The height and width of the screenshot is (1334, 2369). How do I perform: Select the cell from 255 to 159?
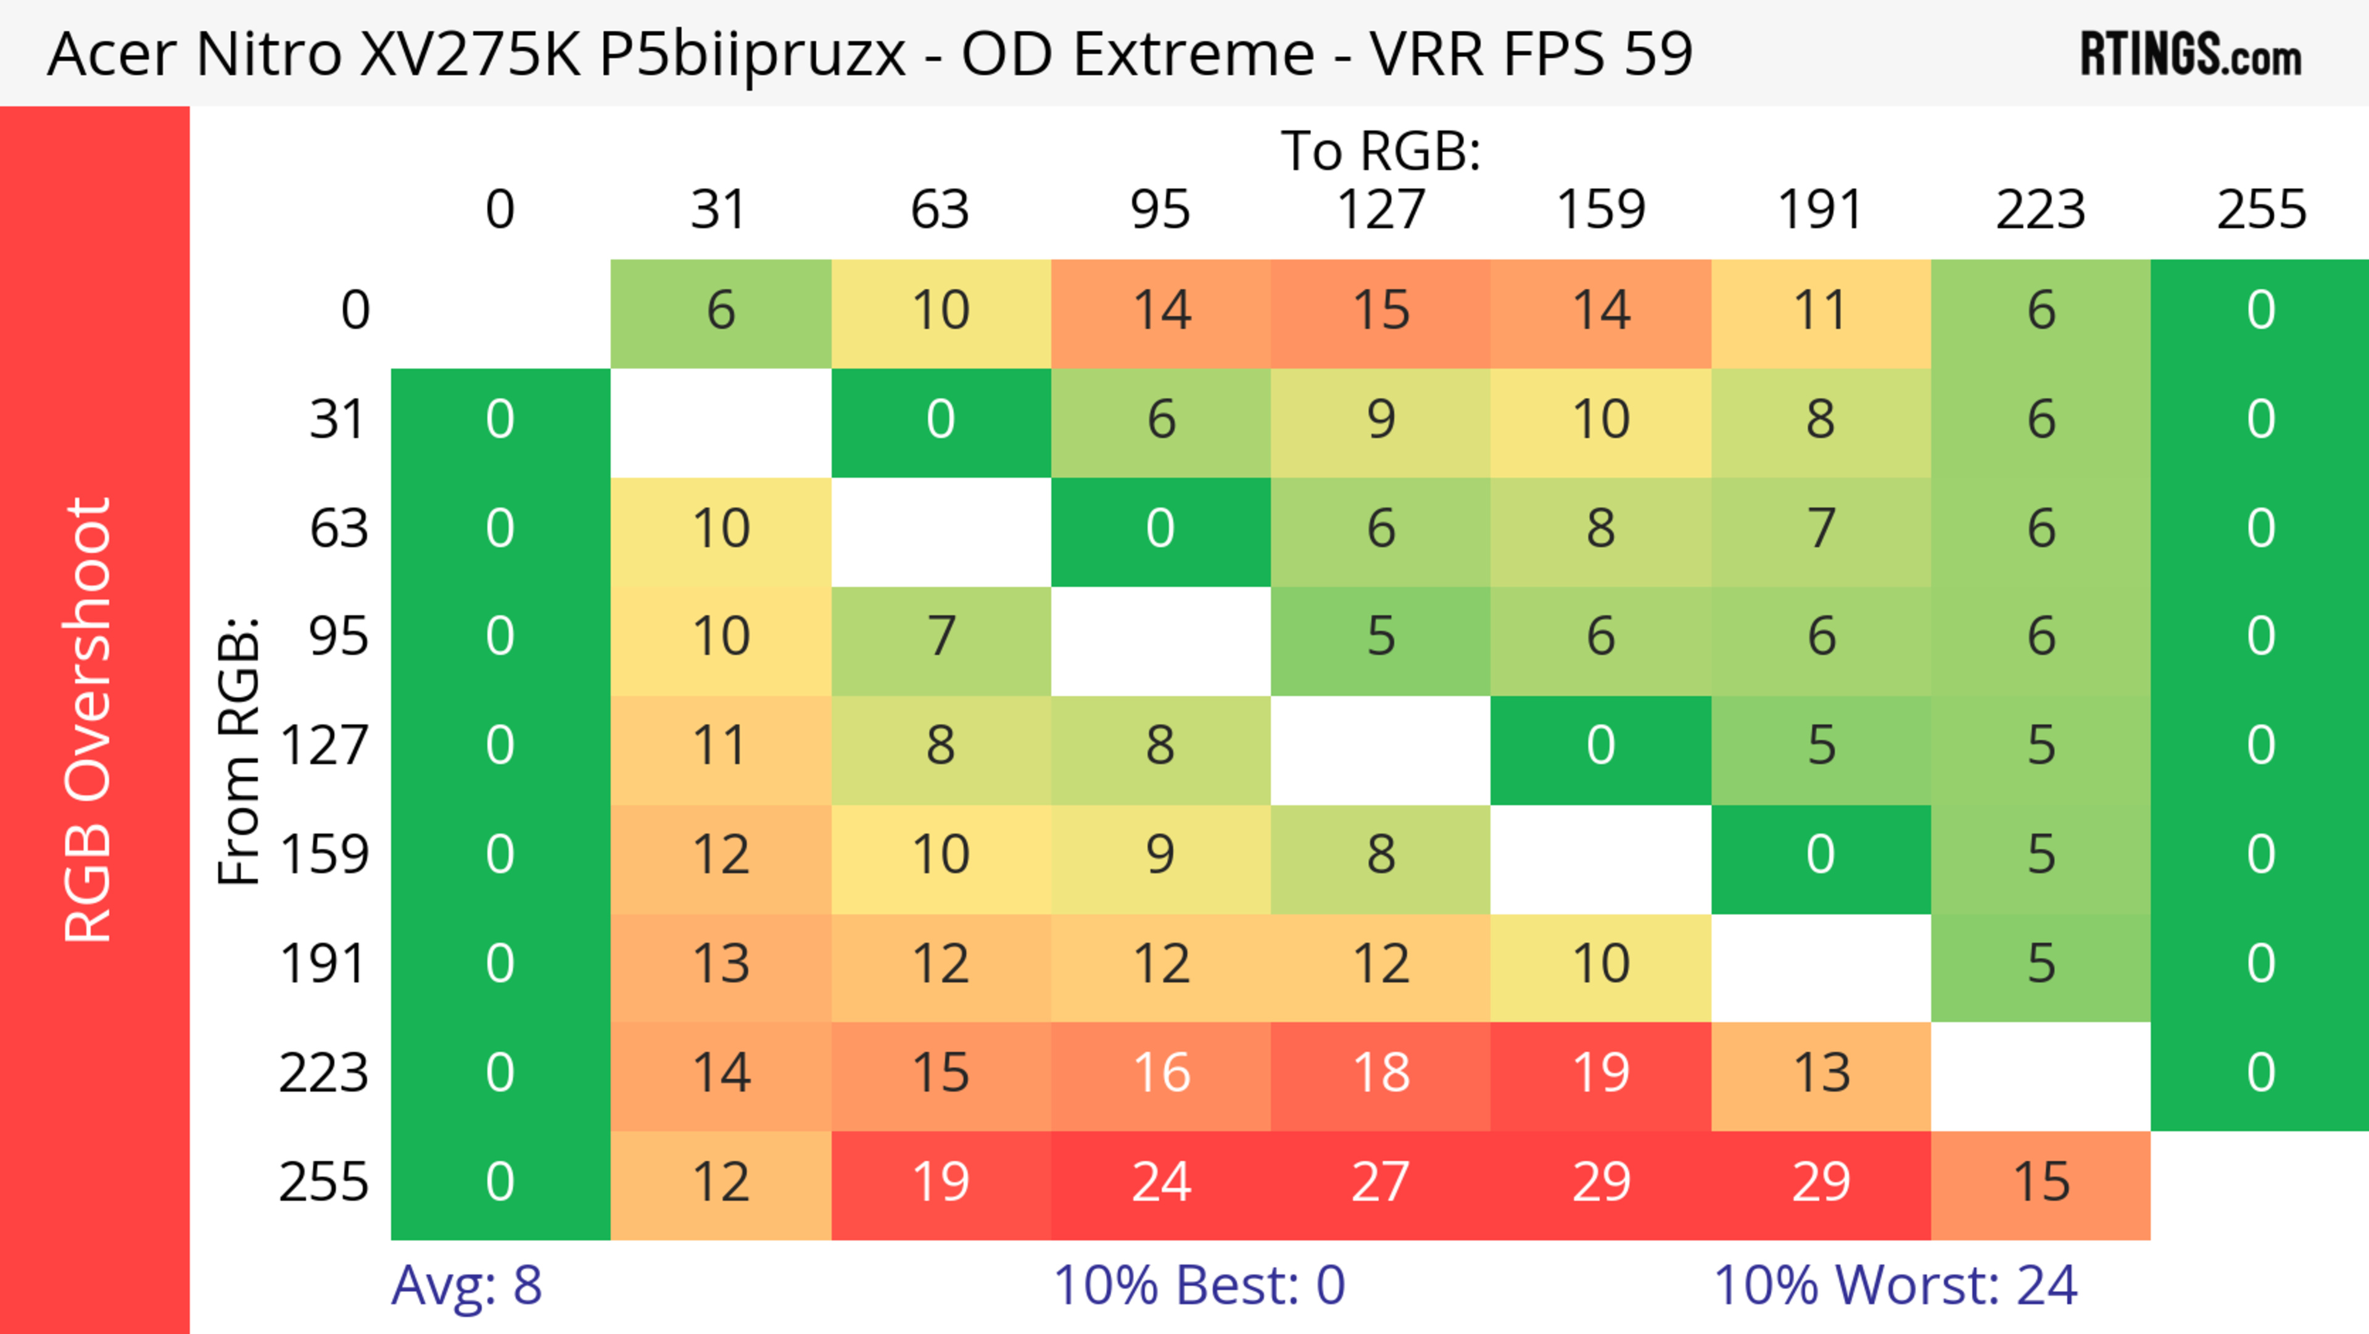(x=1600, y=1184)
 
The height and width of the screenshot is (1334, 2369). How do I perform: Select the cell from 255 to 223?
(x=2041, y=1184)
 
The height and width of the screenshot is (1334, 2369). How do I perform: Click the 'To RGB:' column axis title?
(x=1381, y=151)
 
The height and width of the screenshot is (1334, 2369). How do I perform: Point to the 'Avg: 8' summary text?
(x=466, y=1285)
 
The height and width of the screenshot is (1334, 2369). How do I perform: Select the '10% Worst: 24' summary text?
(x=1895, y=1285)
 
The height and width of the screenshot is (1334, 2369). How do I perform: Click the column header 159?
(x=1600, y=210)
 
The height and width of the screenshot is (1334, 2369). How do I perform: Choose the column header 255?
(x=2260, y=210)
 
